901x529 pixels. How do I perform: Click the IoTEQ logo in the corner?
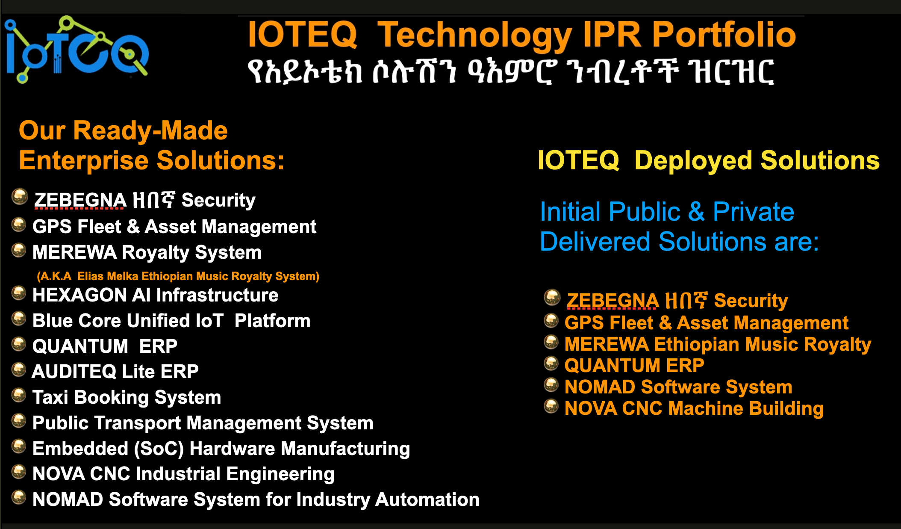click(x=77, y=49)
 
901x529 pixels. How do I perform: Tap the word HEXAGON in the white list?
click(x=79, y=295)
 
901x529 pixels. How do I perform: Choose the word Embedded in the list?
click(x=80, y=449)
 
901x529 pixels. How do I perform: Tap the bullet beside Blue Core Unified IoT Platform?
click(x=19, y=319)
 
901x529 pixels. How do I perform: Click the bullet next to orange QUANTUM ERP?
click(x=551, y=364)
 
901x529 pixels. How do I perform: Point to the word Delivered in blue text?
click(x=595, y=242)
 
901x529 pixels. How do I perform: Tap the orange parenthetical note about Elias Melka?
click(x=178, y=276)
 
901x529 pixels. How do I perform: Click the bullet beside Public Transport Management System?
click(x=19, y=421)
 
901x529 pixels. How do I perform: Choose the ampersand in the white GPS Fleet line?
click(x=133, y=227)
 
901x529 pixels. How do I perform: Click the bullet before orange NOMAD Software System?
click(x=551, y=385)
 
